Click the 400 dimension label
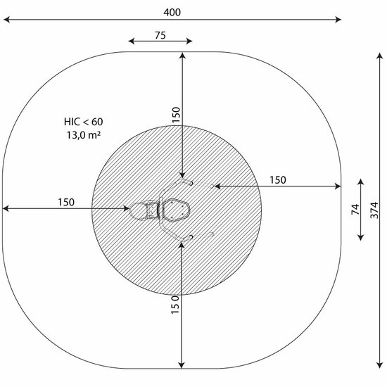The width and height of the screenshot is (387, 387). click(172, 12)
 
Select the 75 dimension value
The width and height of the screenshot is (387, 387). click(160, 35)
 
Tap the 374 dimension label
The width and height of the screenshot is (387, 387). click(374, 210)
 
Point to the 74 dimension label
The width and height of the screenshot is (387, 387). click(355, 209)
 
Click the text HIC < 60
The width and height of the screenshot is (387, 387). click(84, 122)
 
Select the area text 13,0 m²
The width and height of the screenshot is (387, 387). click(84, 135)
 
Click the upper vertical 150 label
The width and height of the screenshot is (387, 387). click(176, 115)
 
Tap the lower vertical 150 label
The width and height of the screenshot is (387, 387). click(175, 305)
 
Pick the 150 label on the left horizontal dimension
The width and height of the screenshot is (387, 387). click(66, 202)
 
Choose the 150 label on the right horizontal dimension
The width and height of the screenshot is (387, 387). click(278, 180)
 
